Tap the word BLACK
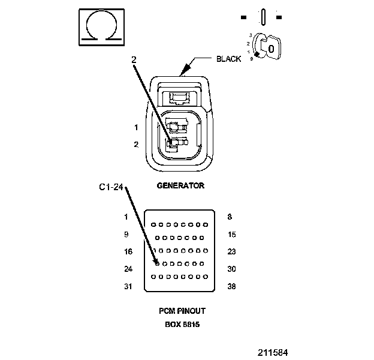[x=229, y=59]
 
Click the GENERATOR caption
[x=180, y=186]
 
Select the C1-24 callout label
[x=111, y=188]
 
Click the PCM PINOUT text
[x=182, y=311]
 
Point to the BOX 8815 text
[x=182, y=325]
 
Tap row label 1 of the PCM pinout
[x=126, y=217]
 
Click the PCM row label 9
[x=126, y=234]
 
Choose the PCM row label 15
[x=232, y=234]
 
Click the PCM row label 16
[x=128, y=251]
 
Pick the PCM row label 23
[x=232, y=251]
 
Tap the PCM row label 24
[x=128, y=269]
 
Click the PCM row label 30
[x=232, y=269]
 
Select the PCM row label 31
[x=128, y=286]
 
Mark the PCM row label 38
[x=232, y=286]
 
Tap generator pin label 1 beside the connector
[x=136, y=127]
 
